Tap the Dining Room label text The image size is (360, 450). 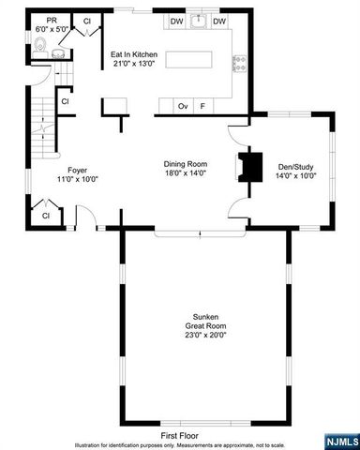click(185, 169)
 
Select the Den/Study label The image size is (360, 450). click(296, 171)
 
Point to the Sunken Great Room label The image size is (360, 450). click(205, 327)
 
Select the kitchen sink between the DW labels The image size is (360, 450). click(198, 21)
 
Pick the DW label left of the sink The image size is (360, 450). click(176, 21)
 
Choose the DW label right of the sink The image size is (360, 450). click(219, 21)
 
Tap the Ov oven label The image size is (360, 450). click(184, 106)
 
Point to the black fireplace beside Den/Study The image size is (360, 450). click(248, 167)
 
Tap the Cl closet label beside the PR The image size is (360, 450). click(87, 21)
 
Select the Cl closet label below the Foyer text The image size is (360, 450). click(45, 217)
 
